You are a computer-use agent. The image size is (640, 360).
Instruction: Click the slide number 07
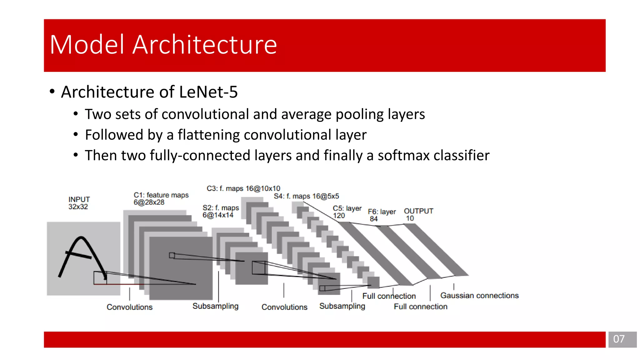tap(619, 339)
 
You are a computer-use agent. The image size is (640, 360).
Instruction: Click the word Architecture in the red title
tap(205, 45)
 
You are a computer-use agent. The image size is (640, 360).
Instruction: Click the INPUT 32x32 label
tap(79, 203)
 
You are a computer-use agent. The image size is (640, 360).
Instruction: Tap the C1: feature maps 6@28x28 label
tap(161, 198)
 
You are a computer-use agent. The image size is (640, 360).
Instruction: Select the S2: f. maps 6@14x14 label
tap(220, 211)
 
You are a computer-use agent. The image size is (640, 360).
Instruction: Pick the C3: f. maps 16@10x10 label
tap(243, 188)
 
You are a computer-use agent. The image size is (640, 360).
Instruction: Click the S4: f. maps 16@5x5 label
tap(306, 196)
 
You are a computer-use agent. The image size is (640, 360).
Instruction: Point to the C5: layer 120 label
tap(347, 212)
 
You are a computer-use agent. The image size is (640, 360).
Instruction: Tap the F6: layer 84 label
tap(381, 215)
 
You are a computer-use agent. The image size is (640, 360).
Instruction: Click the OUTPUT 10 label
tap(418, 214)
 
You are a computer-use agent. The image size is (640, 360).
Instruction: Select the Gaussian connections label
tap(479, 295)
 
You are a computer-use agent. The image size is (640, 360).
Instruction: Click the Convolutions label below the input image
tap(129, 307)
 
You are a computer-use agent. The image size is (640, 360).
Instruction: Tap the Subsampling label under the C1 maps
tap(215, 306)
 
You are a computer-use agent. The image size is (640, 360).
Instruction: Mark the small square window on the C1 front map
tap(172, 255)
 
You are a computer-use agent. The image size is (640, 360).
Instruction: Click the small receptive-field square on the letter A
tap(100, 277)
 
